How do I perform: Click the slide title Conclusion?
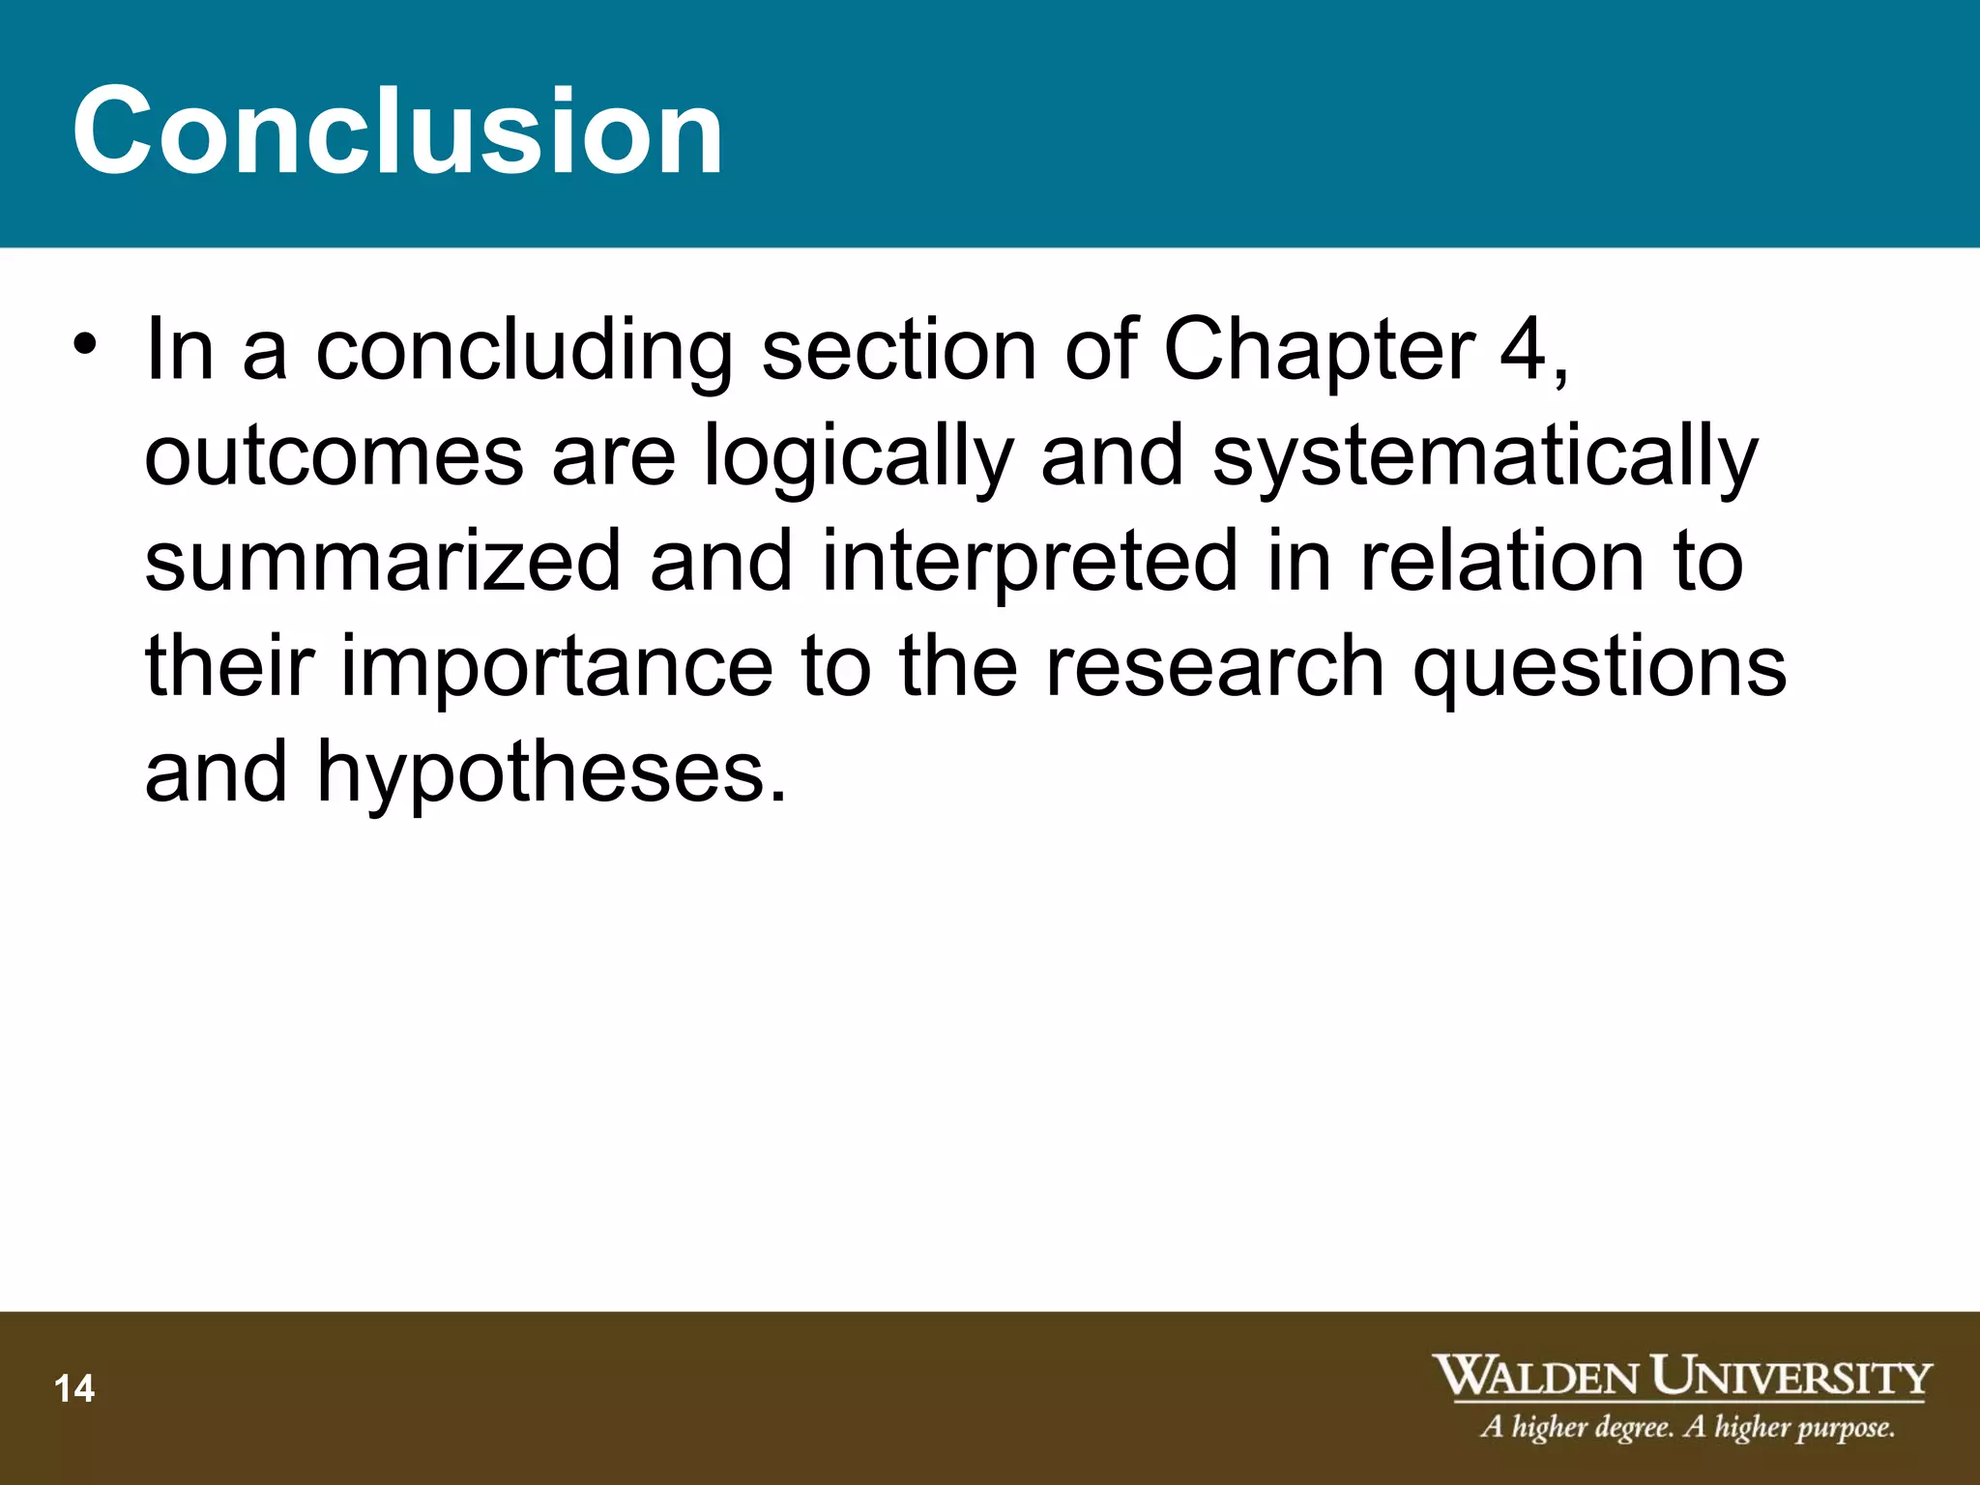(x=397, y=131)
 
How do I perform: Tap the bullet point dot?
(x=85, y=345)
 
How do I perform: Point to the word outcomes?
(x=334, y=456)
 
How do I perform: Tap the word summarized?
(x=383, y=562)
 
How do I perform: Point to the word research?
(x=1215, y=667)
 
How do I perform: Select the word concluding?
(x=524, y=352)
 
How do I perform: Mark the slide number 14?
(x=74, y=1389)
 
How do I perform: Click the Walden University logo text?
(x=1682, y=1377)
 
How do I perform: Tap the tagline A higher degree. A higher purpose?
(x=1687, y=1428)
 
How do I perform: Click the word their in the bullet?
(x=230, y=667)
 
